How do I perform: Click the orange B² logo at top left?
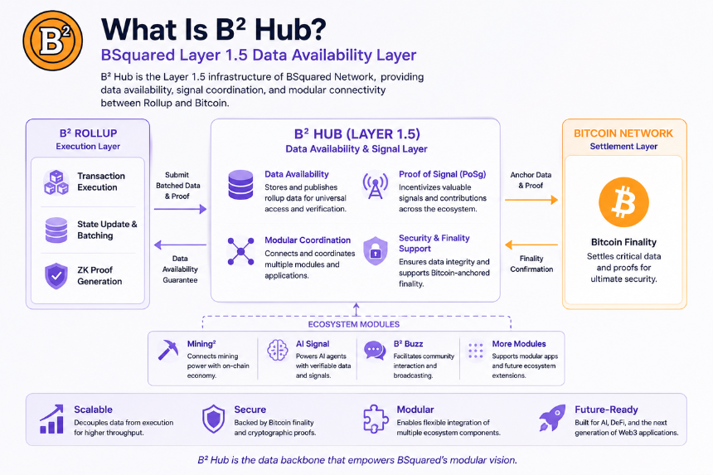click(53, 41)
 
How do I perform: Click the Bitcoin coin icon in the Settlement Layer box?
click(623, 201)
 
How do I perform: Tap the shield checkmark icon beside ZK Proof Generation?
click(56, 275)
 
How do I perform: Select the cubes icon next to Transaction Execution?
click(56, 182)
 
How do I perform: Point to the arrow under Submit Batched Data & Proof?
click(180, 209)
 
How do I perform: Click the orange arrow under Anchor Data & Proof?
click(531, 200)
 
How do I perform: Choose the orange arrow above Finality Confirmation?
click(531, 245)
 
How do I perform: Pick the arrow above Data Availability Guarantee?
click(180, 245)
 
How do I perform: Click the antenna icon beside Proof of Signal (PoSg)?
click(375, 185)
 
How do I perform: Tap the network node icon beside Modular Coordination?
click(240, 251)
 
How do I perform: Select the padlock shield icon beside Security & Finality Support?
click(375, 250)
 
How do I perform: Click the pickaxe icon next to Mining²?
click(167, 350)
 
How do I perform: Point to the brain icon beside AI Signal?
click(278, 351)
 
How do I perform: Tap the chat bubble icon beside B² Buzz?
click(375, 351)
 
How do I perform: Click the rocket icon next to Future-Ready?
click(552, 418)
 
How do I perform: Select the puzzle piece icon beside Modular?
click(376, 418)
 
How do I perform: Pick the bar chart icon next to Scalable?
click(51, 419)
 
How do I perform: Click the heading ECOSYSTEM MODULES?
click(354, 324)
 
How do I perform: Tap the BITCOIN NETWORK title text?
click(623, 133)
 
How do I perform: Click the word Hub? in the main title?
click(290, 30)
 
